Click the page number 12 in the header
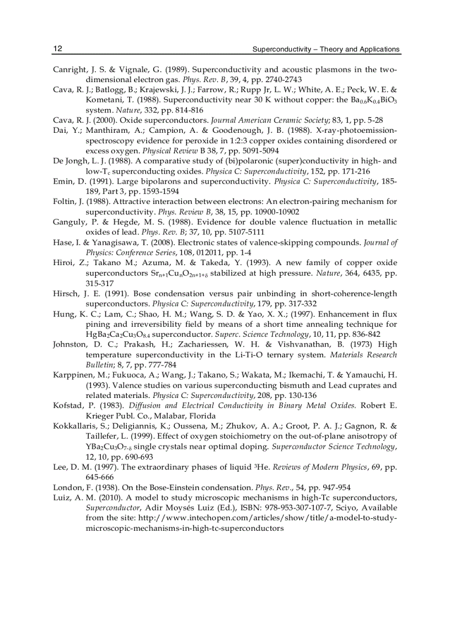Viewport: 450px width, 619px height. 57,49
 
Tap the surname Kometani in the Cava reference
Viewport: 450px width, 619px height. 104,101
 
